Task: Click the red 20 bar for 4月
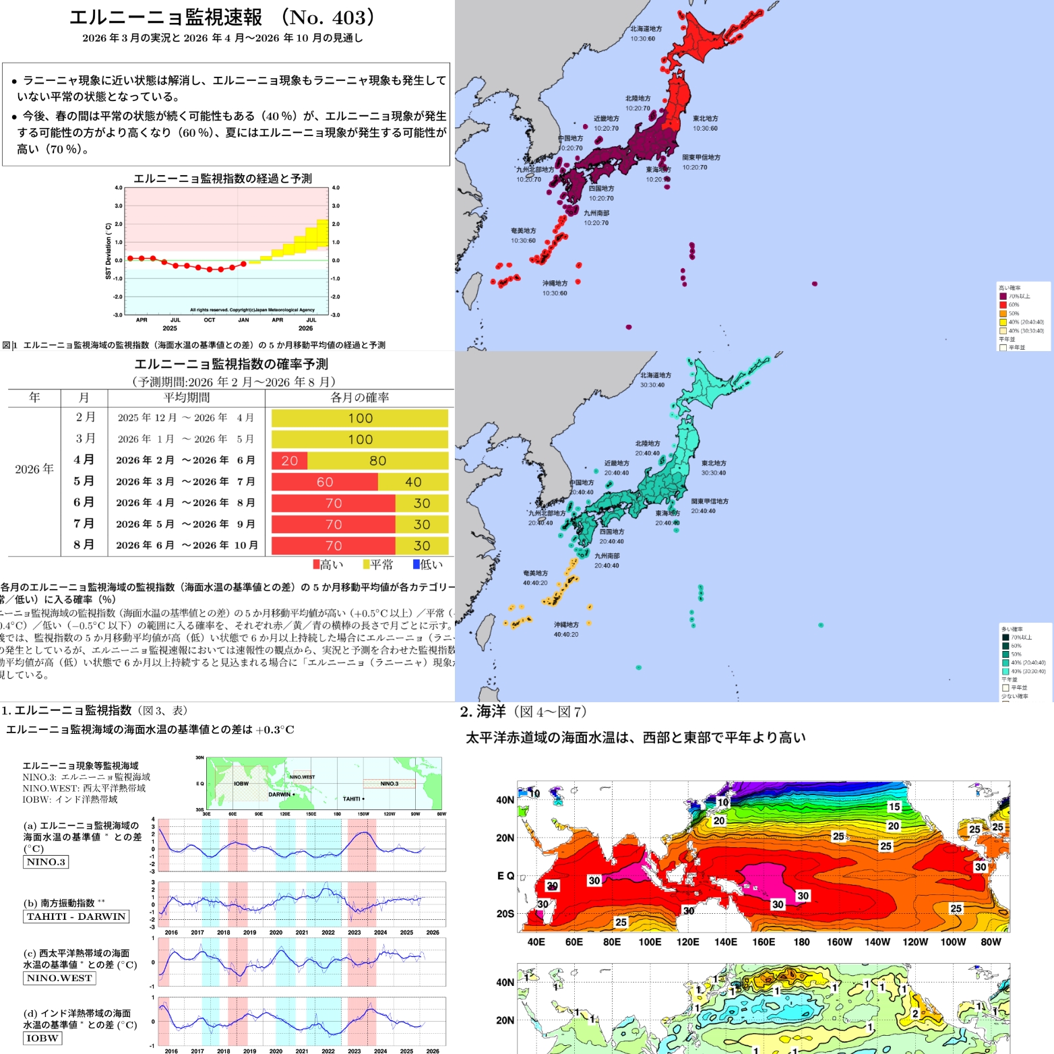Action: (x=290, y=460)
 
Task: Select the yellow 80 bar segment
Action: (x=377, y=460)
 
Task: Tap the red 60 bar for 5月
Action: (x=325, y=482)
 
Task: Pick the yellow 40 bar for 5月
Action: (x=413, y=482)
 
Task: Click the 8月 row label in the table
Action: (x=84, y=545)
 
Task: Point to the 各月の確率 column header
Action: (x=359, y=398)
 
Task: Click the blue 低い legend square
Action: (x=416, y=564)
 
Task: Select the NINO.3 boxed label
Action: (x=46, y=862)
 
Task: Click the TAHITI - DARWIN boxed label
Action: (x=76, y=917)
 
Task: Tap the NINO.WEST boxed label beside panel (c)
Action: (x=59, y=978)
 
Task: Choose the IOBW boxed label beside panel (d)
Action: (x=42, y=1038)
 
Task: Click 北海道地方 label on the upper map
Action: (x=646, y=29)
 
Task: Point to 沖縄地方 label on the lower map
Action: (x=566, y=625)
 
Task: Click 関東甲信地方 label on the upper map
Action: (x=701, y=158)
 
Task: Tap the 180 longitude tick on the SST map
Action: (x=801, y=942)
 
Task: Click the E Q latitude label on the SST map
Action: (x=505, y=875)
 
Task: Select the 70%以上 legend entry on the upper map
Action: (x=1019, y=297)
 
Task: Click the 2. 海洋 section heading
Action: (x=483, y=712)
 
